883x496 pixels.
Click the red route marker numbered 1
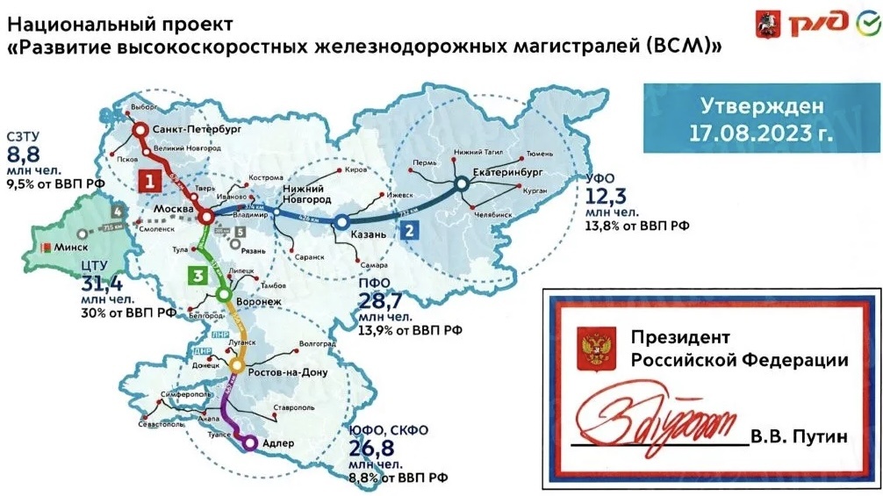click(150, 181)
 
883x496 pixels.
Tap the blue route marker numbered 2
click(406, 231)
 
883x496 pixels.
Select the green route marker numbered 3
click(199, 277)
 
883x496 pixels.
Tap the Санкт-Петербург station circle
click(140, 130)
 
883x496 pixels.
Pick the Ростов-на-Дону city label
click(289, 372)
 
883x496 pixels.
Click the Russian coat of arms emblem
click(591, 347)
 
